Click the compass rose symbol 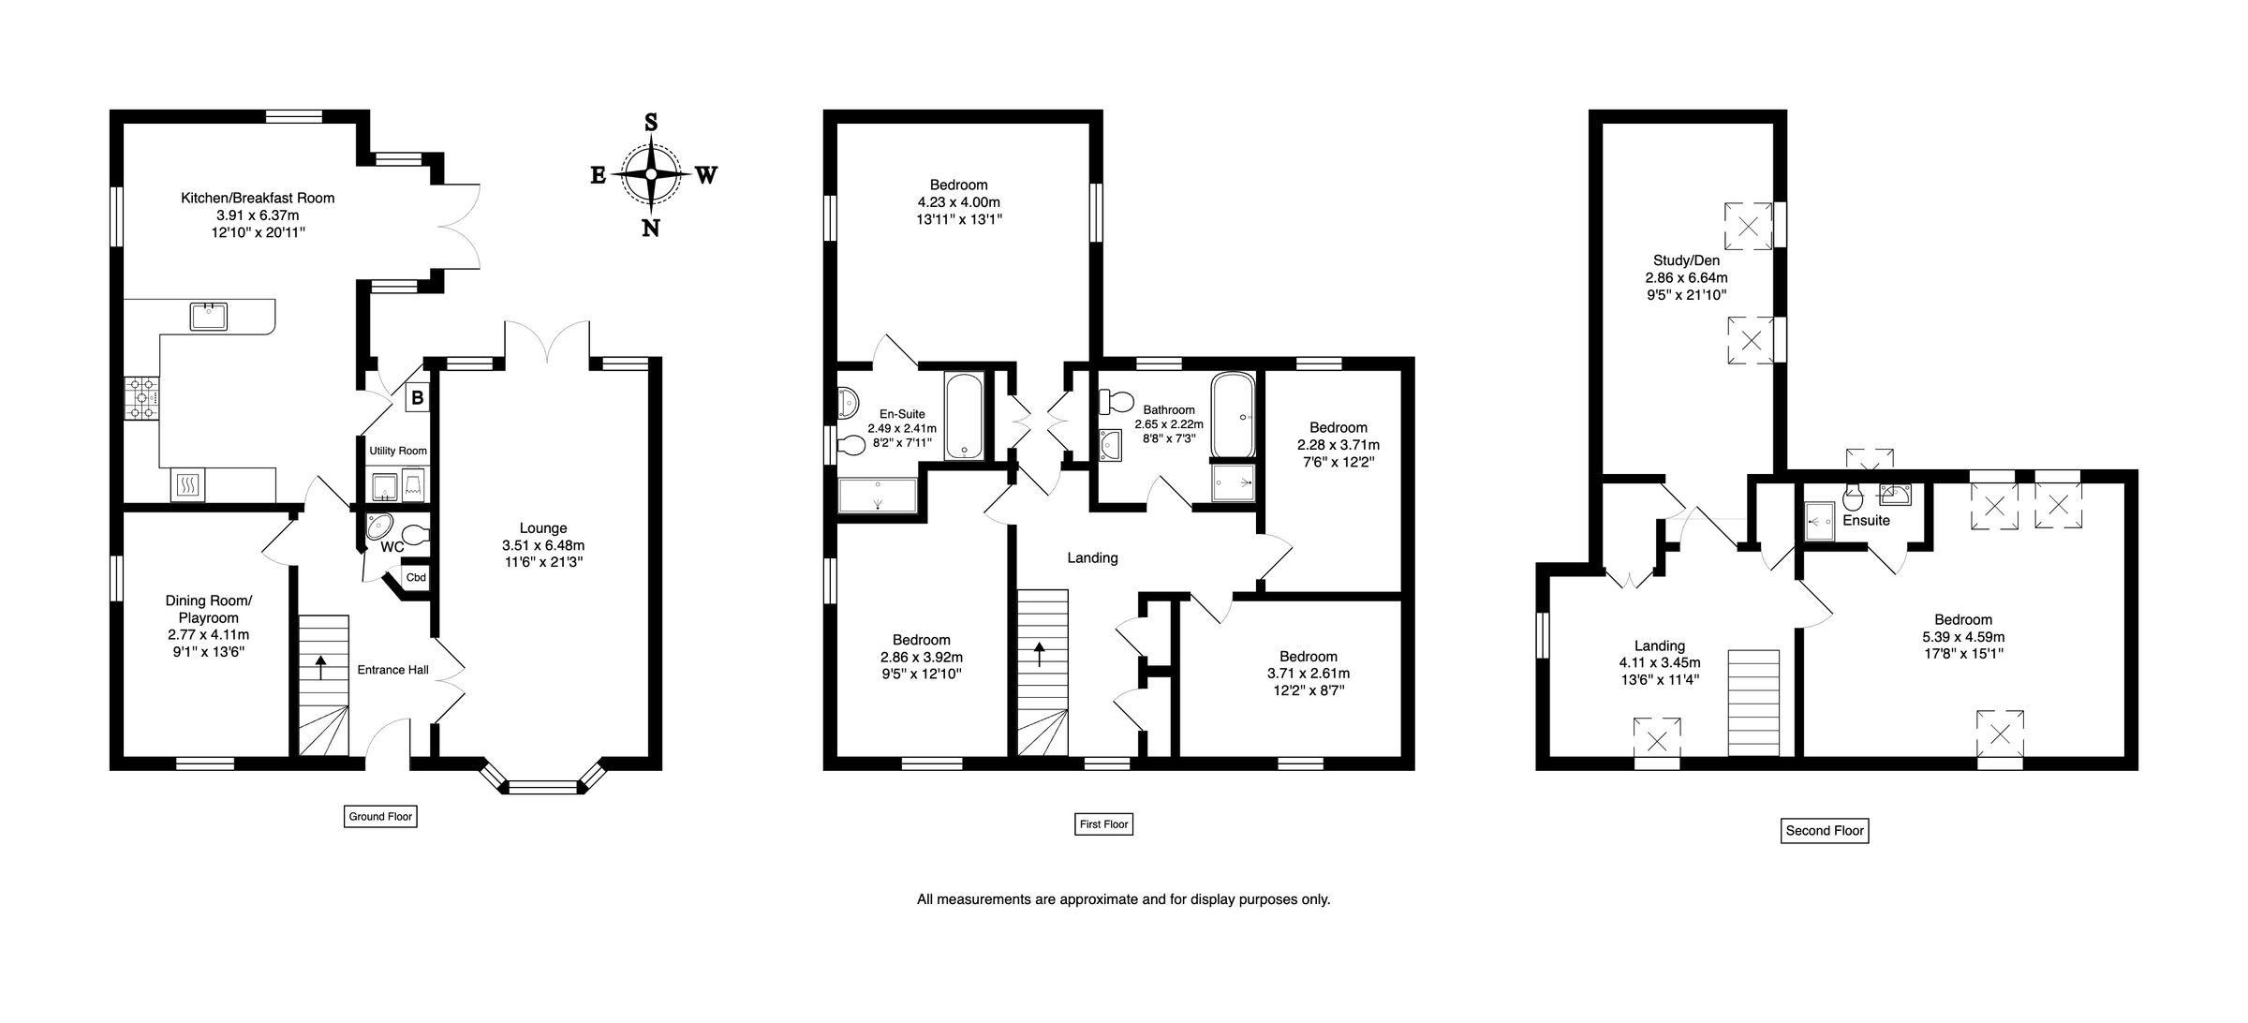(x=651, y=174)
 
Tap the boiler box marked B (x=417, y=398)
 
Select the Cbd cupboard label (x=416, y=577)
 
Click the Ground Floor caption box (x=380, y=816)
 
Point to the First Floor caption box (x=1103, y=824)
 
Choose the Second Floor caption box (x=1825, y=830)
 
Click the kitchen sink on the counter (x=210, y=317)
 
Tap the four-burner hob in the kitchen (x=142, y=398)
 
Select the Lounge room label (x=543, y=528)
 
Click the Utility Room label (x=398, y=451)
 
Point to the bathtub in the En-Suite (x=964, y=417)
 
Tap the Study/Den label (x=1686, y=260)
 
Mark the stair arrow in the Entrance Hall (x=321, y=667)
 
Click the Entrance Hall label (x=393, y=670)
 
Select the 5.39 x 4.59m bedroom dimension (x=1963, y=637)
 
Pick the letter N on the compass (x=651, y=228)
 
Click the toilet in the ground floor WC (x=416, y=536)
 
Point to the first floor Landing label (x=1093, y=558)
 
